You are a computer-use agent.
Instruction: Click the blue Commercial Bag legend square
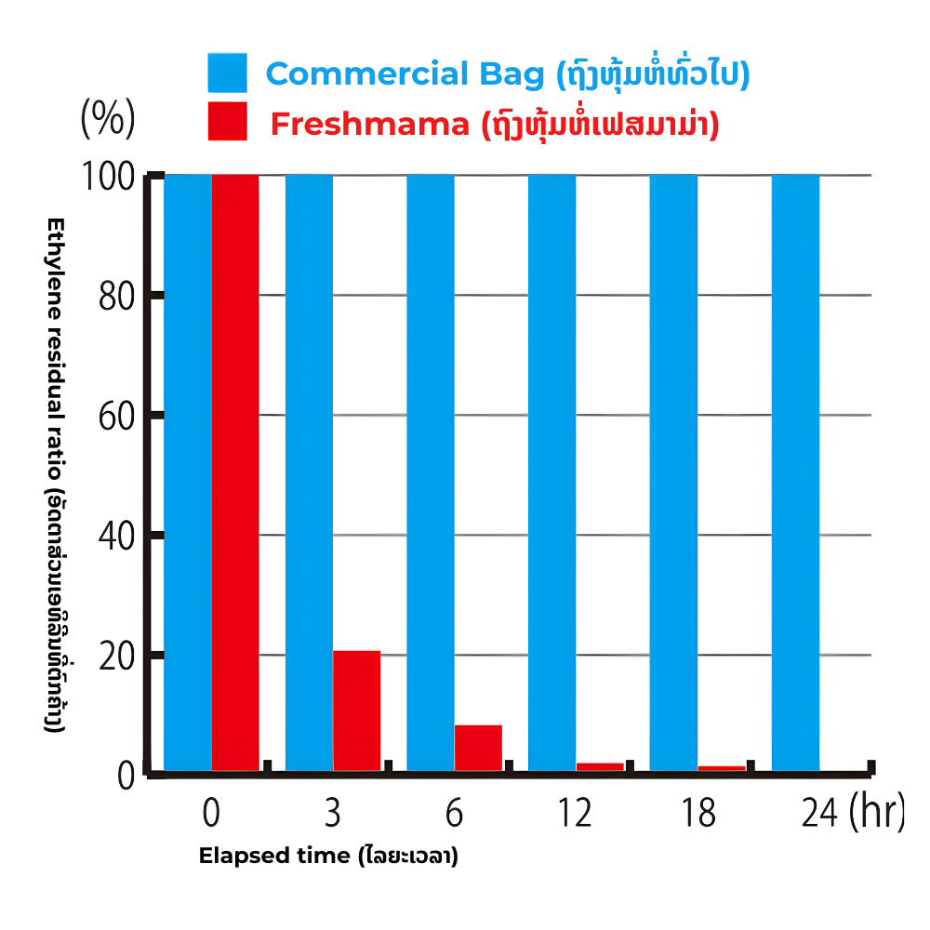[228, 73]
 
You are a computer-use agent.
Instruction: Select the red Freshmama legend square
[228, 122]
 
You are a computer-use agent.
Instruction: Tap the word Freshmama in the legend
[369, 124]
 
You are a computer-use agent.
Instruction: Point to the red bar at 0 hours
[235, 472]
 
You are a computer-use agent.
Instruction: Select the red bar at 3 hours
[356, 711]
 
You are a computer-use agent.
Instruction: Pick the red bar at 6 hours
[478, 748]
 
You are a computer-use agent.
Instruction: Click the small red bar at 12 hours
[600, 766]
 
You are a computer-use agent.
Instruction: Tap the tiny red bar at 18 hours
[722, 768]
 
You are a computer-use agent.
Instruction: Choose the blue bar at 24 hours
[795, 472]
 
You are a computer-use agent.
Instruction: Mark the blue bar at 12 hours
[551, 472]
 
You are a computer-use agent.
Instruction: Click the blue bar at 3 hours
[309, 472]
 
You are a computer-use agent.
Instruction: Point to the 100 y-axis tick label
[113, 177]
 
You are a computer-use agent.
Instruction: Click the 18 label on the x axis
[697, 814]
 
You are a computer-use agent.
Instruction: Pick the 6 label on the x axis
[454, 814]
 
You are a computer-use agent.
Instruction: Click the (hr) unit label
[876, 813]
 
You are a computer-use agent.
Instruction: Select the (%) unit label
[108, 118]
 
